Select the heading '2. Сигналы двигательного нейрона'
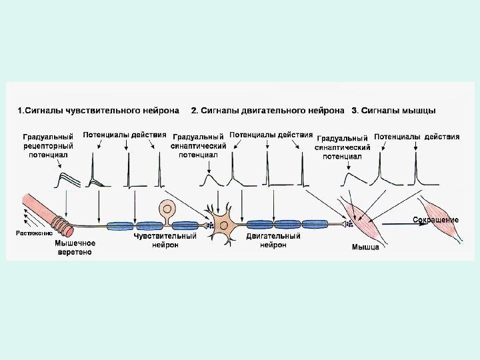268,110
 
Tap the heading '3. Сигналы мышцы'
393,110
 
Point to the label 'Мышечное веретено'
74,248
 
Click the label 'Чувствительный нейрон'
165,240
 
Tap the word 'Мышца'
365,247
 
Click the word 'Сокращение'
436,220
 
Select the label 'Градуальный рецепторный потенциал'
48,145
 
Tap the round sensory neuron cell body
166,209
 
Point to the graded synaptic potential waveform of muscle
348,179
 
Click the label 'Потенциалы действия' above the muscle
417,137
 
